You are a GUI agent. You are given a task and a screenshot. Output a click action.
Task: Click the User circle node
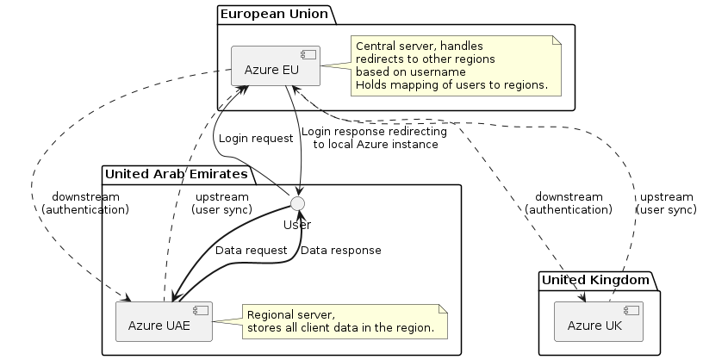click(x=297, y=203)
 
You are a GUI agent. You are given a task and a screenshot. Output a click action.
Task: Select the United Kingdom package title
click(x=594, y=280)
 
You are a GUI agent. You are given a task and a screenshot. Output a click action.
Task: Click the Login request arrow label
click(x=256, y=138)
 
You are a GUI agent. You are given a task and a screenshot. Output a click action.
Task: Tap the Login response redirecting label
click(x=375, y=138)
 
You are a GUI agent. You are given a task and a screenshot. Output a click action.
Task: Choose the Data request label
click(x=251, y=250)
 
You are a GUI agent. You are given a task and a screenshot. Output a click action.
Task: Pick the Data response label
click(x=341, y=250)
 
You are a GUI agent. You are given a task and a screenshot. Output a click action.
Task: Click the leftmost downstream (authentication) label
click(x=84, y=202)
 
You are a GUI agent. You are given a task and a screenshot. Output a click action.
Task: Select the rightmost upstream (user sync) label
click(x=666, y=202)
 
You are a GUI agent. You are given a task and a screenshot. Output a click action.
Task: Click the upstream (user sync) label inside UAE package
click(x=221, y=202)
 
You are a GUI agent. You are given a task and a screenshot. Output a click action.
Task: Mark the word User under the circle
click(x=297, y=224)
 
